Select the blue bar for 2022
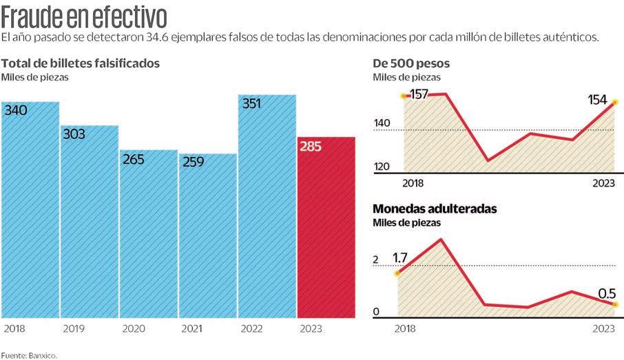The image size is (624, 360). (x=267, y=207)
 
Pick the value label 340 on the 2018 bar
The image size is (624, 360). (x=16, y=110)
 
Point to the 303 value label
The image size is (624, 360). (x=74, y=134)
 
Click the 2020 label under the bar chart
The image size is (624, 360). (x=134, y=329)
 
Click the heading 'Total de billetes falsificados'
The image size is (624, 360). (x=81, y=63)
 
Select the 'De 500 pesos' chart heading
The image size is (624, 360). (x=411, y=63)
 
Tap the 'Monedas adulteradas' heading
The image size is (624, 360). (x=435, y=209)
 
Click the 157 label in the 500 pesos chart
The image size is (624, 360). (x=419, y=94)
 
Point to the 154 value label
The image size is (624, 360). (x=597, y=100)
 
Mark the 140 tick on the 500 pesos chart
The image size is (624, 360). (x=382, y=124)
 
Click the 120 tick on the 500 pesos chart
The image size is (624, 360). (x=382, y=166)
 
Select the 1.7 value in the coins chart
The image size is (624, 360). (x=400, y=258)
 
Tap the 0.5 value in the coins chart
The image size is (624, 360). (x=606, y=294)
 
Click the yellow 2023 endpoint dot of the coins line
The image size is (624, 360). (x=615, y=304)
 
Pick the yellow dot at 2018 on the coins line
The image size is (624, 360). (x=397, y=273)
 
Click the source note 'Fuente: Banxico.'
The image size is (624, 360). (x=29, y=355)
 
